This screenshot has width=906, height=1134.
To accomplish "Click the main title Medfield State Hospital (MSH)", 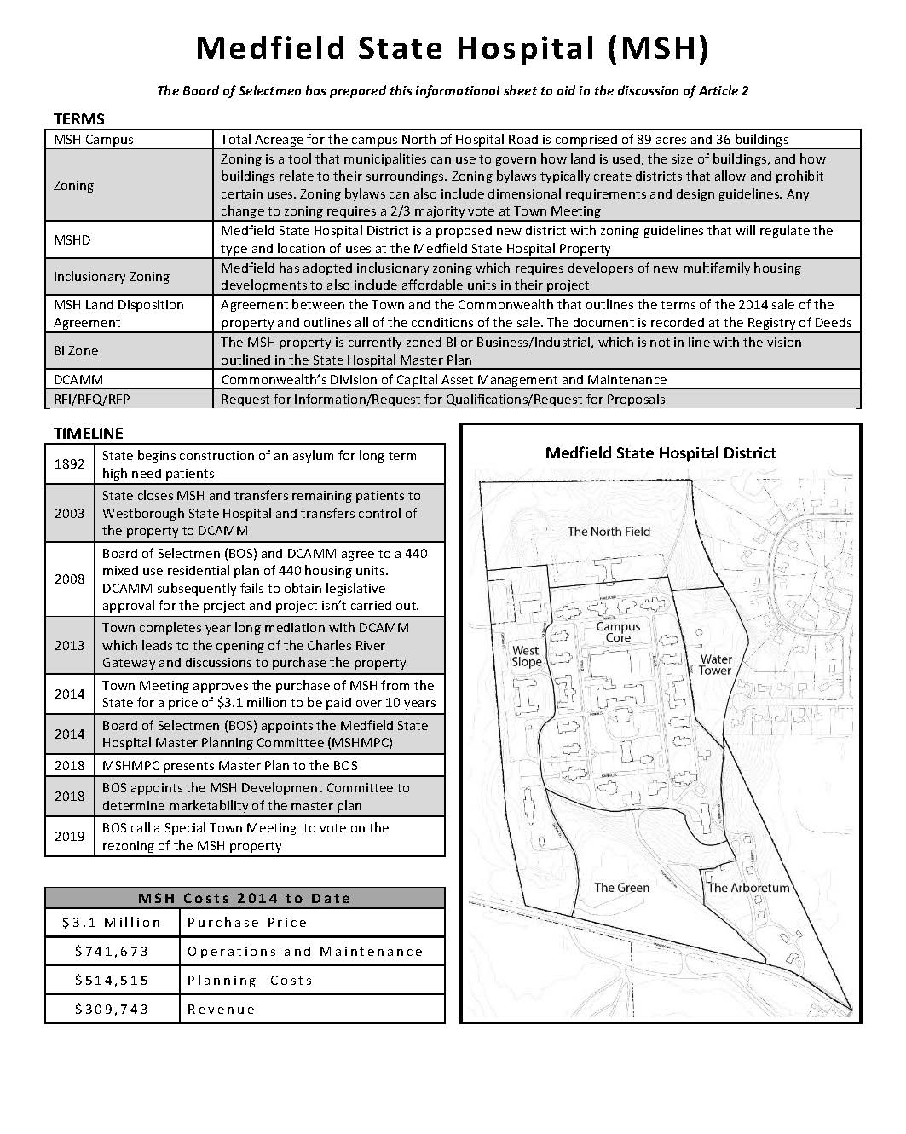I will (x=452, y=49).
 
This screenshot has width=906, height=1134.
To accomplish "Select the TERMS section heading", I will (x=78, y=118).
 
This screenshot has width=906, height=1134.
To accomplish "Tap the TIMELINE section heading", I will (x=88, y=433).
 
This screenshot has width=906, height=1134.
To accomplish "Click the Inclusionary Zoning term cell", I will (x=111, y=276).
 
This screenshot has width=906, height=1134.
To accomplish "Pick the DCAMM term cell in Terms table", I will (x=78, y=379).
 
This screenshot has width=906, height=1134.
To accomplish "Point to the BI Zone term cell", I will (x=76, y=350).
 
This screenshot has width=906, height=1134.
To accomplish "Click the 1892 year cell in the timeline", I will (x=70, y=464).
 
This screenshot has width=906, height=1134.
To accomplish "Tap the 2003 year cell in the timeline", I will (x=70, y=513).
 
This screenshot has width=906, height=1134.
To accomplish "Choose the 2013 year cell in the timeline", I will (x=70, y=645).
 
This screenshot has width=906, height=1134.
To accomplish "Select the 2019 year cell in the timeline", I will (x=70, y=836).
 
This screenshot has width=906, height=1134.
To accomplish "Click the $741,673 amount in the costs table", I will (x=112, y=951).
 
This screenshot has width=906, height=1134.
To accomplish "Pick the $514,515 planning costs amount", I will (x=112, y=980).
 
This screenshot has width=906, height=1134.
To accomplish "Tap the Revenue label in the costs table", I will (x=221, y=1009).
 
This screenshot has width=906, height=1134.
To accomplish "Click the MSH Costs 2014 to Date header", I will (x=245, y=898).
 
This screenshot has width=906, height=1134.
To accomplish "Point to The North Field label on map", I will (x=609, y=531).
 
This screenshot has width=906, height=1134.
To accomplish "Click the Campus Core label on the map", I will (x=618, y=631).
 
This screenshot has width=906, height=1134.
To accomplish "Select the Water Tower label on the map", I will (x=716, y=665).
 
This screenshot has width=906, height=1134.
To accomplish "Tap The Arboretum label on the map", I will (x=748, y=887).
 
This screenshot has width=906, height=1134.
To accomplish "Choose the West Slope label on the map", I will (x=526, y=656).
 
